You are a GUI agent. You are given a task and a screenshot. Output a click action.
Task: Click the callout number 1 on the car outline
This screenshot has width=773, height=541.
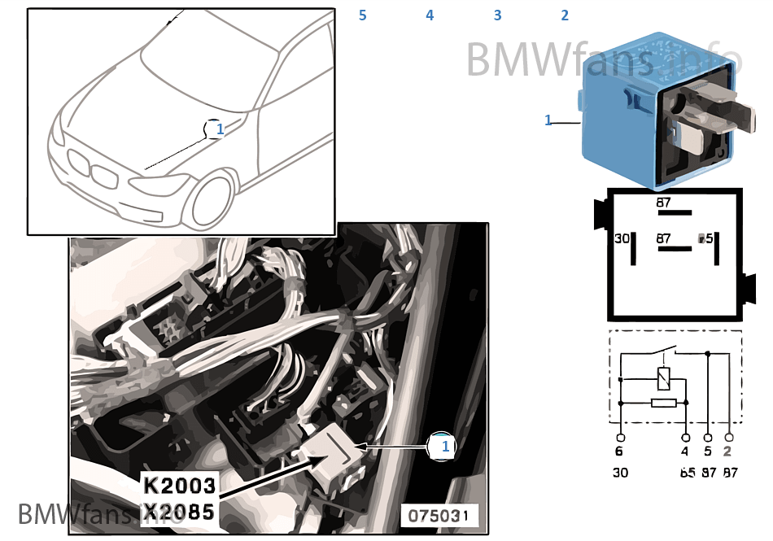tap(219, 129)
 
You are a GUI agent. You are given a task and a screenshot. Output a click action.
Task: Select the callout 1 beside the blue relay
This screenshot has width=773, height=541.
tap(548, 120)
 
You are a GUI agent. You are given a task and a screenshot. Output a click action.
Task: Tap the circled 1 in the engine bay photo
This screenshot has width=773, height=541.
tap(445, 447)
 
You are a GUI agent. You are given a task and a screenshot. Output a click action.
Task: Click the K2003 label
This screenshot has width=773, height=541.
tap(180, 486)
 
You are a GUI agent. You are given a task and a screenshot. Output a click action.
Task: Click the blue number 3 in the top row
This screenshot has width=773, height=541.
tap(497, 15)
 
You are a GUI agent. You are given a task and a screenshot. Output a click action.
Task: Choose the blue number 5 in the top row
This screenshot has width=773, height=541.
tap(362, 15)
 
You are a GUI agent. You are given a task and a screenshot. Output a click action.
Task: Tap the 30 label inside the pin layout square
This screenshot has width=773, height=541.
tap(622, 238)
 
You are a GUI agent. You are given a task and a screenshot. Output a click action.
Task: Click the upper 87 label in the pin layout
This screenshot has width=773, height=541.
tap(665, 202)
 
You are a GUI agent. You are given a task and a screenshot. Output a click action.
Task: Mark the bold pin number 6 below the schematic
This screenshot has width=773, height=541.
tap(620, 452)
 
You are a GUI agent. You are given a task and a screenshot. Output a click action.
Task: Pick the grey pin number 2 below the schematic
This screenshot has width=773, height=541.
tap(727, 452)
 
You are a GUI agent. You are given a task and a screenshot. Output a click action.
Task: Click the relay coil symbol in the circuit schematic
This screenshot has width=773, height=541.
tap(663, 378)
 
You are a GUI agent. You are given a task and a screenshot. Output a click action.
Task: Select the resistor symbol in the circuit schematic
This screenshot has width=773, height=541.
tap(663, 402)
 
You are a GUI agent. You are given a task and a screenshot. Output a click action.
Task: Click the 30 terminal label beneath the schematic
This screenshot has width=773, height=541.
tap(620, 472)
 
